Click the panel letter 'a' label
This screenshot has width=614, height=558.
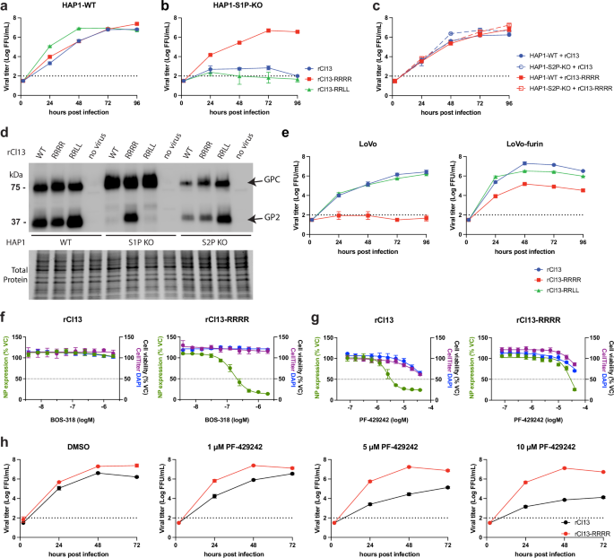pos(4,6)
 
